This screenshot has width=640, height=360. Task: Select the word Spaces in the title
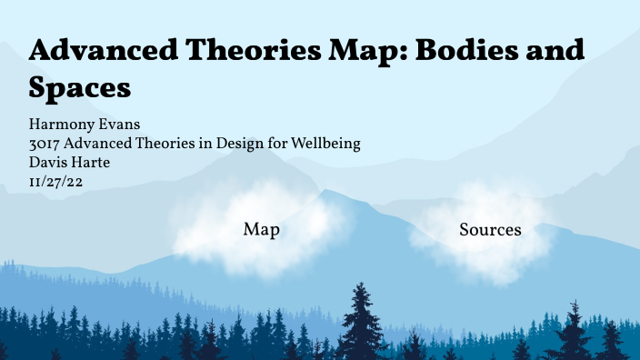[x=80, y=87]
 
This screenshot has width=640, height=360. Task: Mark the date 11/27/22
[x=56, y=181]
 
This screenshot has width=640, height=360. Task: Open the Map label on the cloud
[x=261, y=230]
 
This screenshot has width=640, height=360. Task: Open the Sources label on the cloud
[x=490, y=230]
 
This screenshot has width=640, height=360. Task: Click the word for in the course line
[x=279, y=143]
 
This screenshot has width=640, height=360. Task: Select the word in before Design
[x=205, y=143]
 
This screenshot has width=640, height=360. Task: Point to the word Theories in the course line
[x=164, y=143]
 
